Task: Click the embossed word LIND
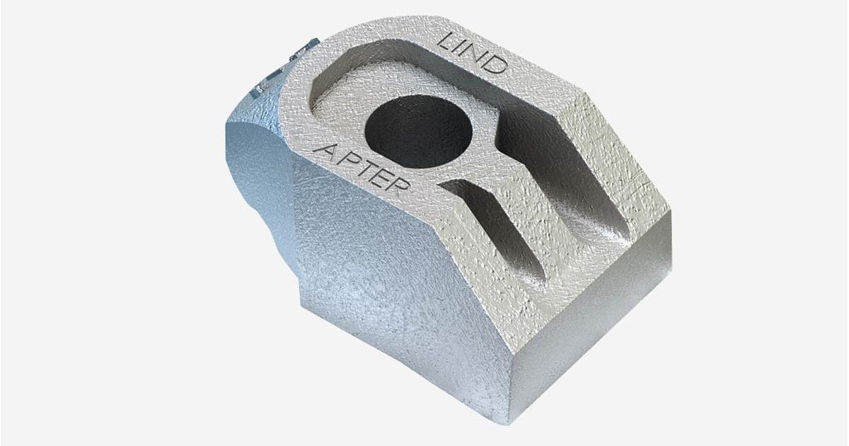[x=473, y=52]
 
